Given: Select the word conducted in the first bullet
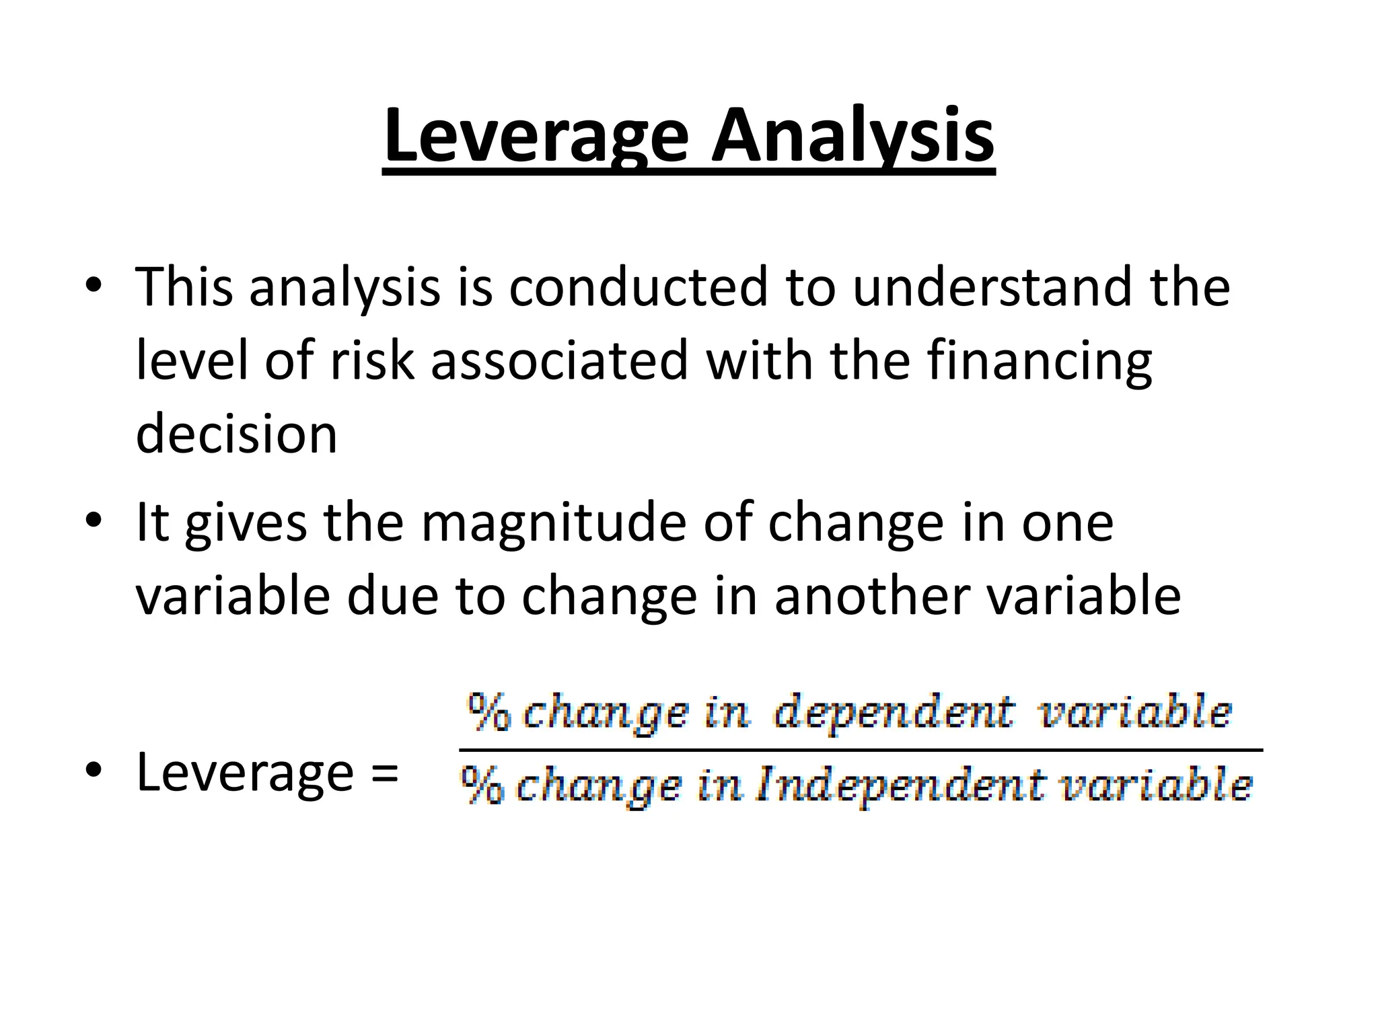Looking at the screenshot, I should pyautogui.click(x=638, y=287).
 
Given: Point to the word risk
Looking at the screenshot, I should pyautogui.click(x=372, y=360).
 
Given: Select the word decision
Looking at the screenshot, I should pyautogui.click(x=236, y=434).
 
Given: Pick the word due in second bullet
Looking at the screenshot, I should pyautogui.click(x=392, y=597).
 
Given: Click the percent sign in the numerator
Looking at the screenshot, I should pyautogui.click(x=489, y=713).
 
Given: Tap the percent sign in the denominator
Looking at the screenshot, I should pyautogui.click(x=482, y=786).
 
